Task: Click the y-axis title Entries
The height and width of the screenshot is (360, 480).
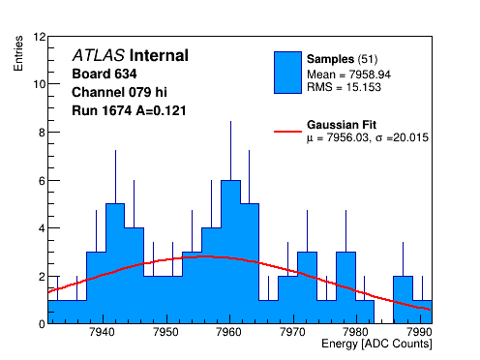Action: coord(18,53)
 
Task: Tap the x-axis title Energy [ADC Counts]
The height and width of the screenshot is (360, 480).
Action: coord(376,344)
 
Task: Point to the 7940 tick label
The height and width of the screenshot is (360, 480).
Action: coord(103,332)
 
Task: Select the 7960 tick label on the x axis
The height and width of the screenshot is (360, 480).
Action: coord(229,332)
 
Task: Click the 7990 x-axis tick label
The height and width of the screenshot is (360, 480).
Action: coord(420,332)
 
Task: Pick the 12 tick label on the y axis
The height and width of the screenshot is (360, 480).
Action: coord(40,37)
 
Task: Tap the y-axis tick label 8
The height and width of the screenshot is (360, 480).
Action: coord(42,133)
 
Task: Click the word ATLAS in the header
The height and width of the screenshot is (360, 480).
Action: coord(99,55)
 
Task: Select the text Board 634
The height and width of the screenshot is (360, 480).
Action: coord(105,74)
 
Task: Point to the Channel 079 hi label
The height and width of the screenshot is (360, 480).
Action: coord(119,92)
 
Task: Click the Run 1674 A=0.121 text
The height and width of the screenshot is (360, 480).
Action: coord(129,110)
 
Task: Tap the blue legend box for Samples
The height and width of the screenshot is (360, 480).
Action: coord(287,73)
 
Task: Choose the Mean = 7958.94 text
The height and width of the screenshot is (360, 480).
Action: coord(348,75)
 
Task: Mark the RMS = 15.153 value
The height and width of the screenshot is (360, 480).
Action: coord(344,87)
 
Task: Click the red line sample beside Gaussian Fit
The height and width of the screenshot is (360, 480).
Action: coord(287,132)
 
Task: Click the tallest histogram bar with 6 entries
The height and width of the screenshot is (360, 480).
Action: coord(230,252)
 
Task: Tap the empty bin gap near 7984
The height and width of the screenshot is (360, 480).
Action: coord(383,312)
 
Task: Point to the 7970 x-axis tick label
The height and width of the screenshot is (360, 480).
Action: coord(293,332)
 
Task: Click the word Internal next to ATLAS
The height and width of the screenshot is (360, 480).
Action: coord(159,55)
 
